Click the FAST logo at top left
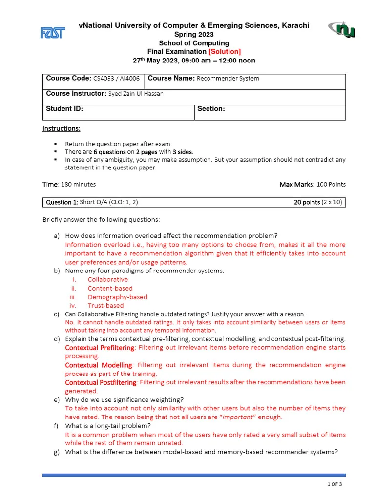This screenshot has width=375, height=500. (x=52, y=33)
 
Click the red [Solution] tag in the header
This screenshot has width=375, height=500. (x=225, y=52)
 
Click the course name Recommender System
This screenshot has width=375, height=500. (x=228, y=79)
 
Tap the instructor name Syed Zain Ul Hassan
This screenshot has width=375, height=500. (x=136, y=94)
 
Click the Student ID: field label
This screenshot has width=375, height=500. (x=64, y=109)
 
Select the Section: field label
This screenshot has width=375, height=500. (x=211, y=109)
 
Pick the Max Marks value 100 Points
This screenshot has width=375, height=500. (x=331, y=185)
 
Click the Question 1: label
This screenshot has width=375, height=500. (x=62, y=202)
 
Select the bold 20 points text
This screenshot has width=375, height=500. (x=307, y=202)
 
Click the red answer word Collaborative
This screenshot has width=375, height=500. (x=108, y=280)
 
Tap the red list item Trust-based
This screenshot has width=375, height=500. (x=106, y=306)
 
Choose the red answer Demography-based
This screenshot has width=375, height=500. (x=117, y=297)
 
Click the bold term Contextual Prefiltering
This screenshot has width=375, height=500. (x=100, y=348)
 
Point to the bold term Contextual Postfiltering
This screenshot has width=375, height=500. (x=101, y=382)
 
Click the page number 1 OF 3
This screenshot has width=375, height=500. (x=334, y=484)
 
